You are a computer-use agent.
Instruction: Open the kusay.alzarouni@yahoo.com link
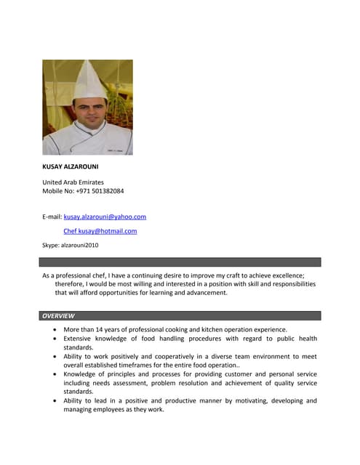(105, 217)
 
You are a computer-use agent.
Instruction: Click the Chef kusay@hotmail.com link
(100, 231)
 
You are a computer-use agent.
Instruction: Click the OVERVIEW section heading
(58, 316)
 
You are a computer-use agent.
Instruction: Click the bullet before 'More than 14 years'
(56, 330)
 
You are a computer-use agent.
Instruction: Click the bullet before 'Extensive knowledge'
(56, 339)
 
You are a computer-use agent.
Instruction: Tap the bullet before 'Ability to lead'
(56, 401)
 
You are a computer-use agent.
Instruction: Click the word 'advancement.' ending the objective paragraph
(207, 294)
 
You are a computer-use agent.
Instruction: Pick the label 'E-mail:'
(52, 217)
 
